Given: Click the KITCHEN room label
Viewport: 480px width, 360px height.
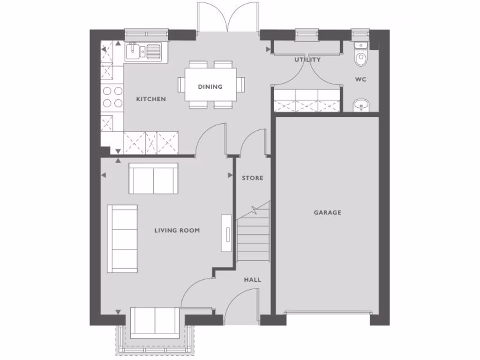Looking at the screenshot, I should click(150, 99).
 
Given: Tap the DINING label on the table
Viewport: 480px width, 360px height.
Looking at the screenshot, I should click(210, 87).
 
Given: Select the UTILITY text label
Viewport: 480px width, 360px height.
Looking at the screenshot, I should click(307, 60).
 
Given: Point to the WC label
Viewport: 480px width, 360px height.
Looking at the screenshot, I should click(360, 80).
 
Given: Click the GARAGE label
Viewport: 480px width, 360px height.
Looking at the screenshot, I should click(327, 212).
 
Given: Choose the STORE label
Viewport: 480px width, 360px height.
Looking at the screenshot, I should click(252, 178).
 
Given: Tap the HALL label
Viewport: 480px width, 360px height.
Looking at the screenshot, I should click(252, 280).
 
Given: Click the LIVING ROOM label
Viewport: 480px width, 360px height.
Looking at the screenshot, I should click(177, 230).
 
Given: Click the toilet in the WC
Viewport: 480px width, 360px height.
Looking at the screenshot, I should click(360, 57).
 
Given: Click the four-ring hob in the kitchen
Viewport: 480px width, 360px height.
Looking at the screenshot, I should click(112, 97).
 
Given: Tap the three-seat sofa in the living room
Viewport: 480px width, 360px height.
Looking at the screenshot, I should click(122, 239).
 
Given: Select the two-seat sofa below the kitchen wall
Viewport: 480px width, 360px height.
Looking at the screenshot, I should click(153, 179).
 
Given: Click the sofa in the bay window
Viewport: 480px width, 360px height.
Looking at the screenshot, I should click(155, 322).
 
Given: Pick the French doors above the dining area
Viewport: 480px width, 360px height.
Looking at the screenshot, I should click(227, 18).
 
